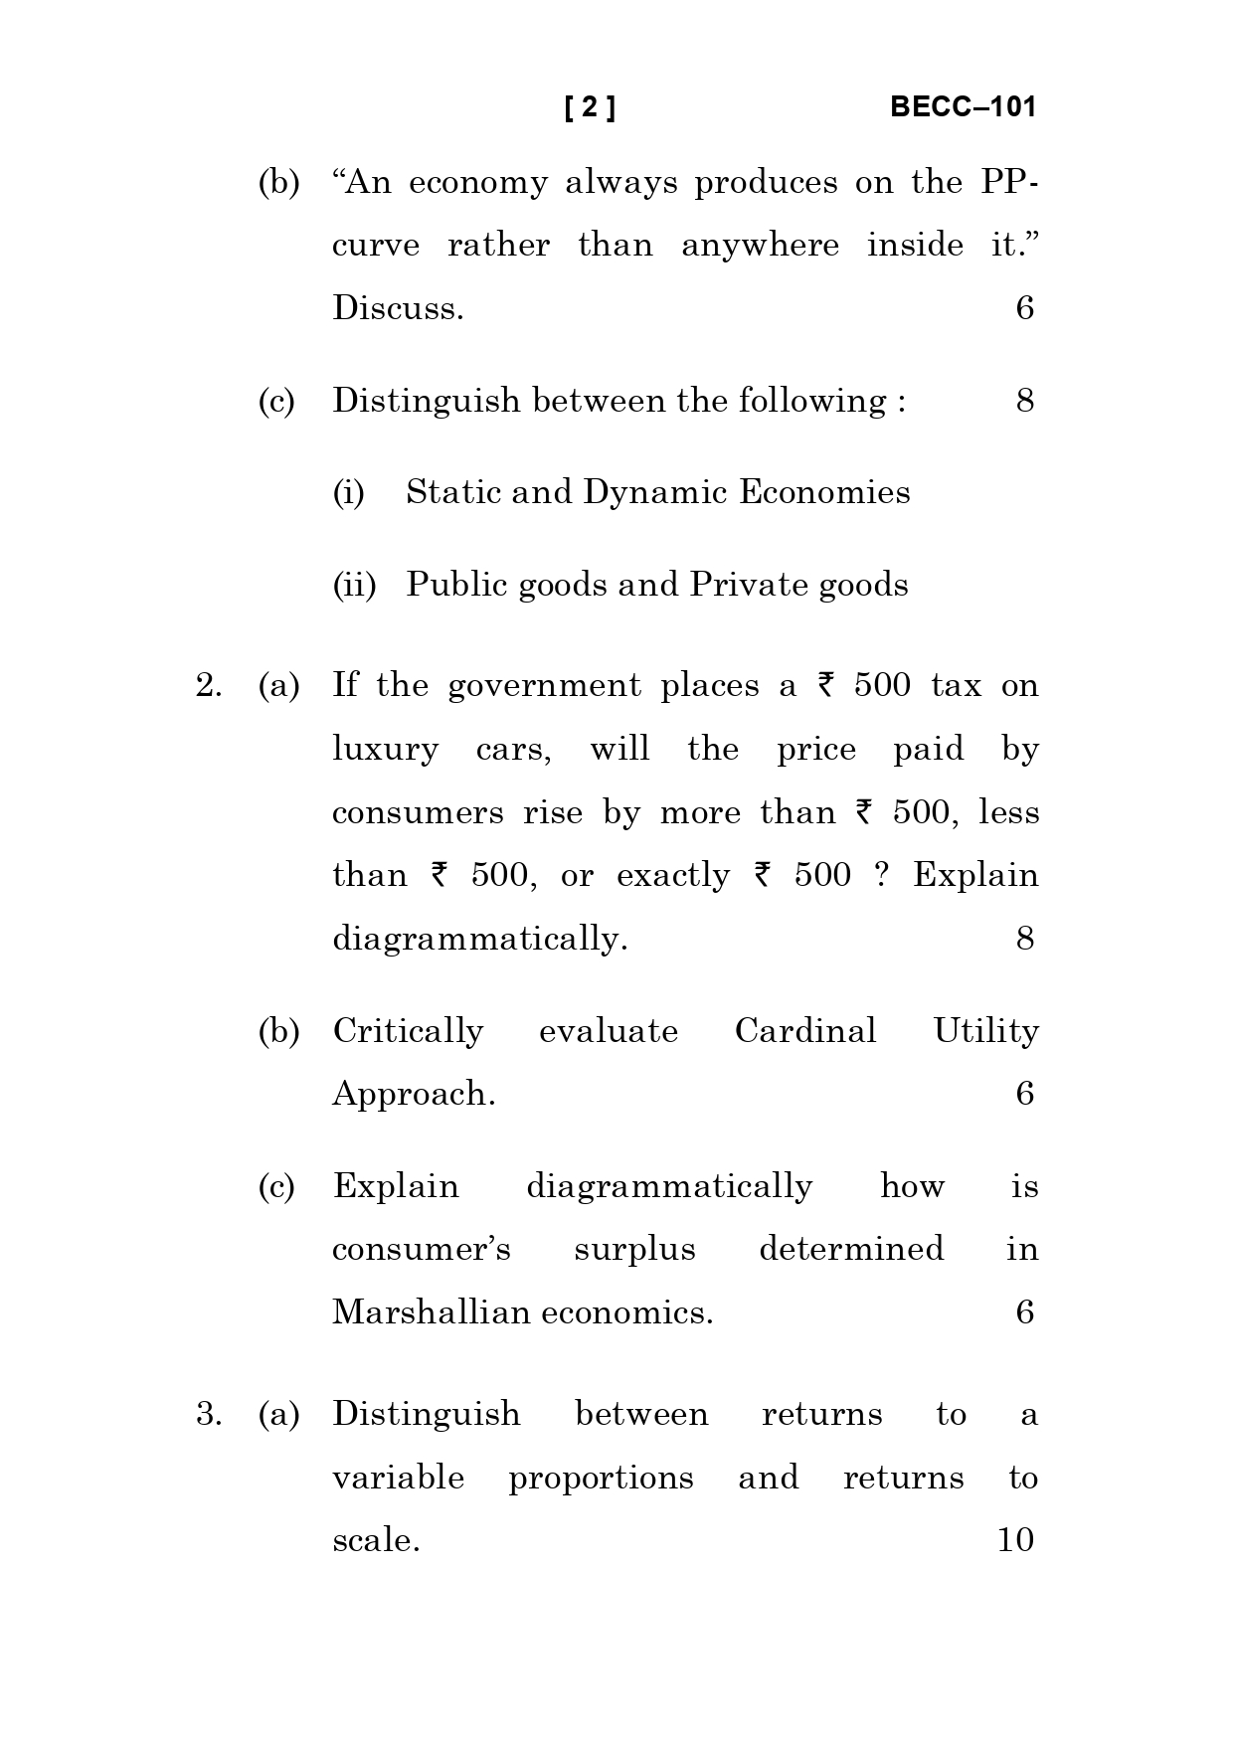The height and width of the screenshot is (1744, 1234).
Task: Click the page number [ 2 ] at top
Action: pos(590,107)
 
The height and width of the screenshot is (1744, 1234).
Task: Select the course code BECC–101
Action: pos(962,107)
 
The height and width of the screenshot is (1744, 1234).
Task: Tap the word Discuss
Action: pos(398,308)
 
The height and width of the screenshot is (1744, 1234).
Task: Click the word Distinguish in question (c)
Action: pos(426,401)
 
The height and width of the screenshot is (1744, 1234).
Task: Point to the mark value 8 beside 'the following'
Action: pos(1024,401)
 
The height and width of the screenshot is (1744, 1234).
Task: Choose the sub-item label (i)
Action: pos(348,492)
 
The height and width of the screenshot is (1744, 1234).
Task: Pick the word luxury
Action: pos(385,750)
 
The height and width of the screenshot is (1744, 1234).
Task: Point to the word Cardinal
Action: pos(805,1031)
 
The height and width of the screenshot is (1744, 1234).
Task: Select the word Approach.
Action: pos(413,1095)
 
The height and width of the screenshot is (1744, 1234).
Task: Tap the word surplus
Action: pos(634,1250)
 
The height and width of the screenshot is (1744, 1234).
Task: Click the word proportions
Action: pos(601,1479)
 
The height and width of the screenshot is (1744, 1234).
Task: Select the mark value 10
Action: pos(1015,1540)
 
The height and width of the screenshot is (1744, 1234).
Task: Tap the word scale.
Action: pos(375,1540)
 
